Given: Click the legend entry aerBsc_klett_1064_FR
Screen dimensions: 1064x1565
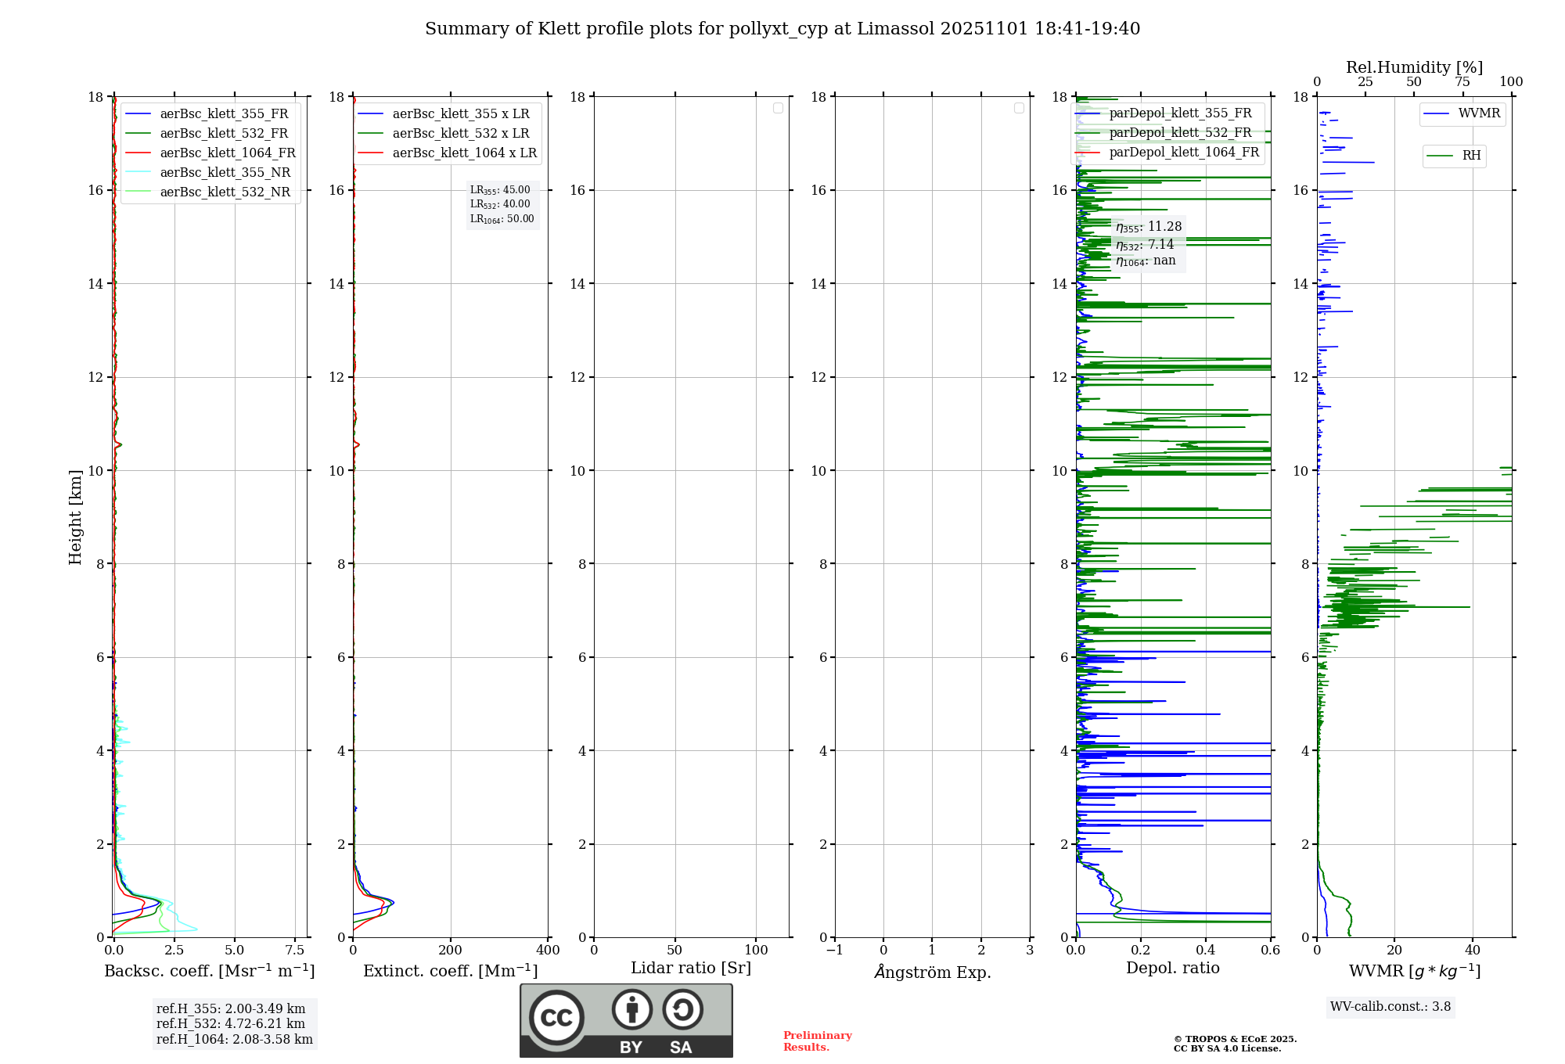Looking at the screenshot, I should tap(228, 153).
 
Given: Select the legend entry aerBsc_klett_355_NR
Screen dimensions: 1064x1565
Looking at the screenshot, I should tap(225, 172).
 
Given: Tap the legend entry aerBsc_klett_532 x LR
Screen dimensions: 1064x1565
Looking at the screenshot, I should tap(461, 133).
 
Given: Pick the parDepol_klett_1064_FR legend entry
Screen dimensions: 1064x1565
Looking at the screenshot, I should tap(1184, 152).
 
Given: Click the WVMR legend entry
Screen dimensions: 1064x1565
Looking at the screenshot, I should tap(1479, 113).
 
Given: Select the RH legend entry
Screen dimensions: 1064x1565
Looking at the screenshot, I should tap(1471, 156).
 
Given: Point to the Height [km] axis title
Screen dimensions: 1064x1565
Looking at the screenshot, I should tap(75, 517).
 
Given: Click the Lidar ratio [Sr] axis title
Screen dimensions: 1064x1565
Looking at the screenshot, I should tap(691, 968).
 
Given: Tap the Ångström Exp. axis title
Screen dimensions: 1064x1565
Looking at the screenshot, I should tap(932, 972).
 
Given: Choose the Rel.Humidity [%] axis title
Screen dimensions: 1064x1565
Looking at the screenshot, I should tap(1414, 67).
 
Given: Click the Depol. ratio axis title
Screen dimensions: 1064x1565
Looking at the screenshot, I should tap(1172, 968).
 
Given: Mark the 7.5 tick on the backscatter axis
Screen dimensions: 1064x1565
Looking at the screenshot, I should tap(295, 950).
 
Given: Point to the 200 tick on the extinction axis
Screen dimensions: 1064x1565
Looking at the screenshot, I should tap(450, 950).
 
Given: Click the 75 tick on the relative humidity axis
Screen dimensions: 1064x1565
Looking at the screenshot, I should tap(1462, 82).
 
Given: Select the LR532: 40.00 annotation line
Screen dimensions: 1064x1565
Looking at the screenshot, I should tap(500, 204).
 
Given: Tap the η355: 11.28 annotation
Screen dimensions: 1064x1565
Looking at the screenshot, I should tap(1149, 227).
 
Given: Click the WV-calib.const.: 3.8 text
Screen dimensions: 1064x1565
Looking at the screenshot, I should tap(1390, 1006).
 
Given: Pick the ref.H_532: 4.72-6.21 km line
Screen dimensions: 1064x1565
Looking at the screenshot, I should tap(231, 1023).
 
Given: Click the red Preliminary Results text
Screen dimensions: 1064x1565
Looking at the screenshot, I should tap(817, 1041).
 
